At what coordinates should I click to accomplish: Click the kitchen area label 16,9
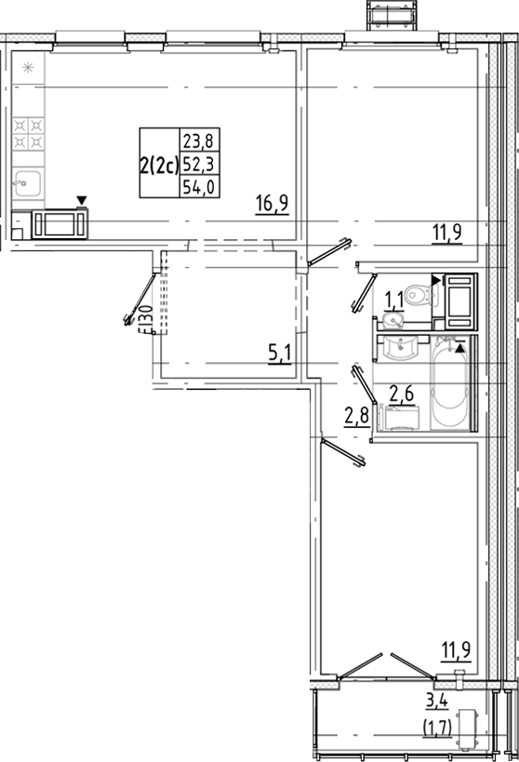click(273, 203)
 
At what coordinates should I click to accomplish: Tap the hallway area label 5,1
click(279, 354)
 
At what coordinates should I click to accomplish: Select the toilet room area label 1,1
click(394, 301)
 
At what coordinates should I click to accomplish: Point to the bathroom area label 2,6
click(402, 394)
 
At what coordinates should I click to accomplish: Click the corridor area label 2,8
click(356, 417)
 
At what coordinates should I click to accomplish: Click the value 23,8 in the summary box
click(200, 141)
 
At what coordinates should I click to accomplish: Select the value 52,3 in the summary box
click(200, 165)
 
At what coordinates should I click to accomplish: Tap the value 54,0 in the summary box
click(200, 187)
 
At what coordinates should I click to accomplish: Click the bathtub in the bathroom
click(450, 383)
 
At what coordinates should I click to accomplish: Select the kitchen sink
click(28, 183)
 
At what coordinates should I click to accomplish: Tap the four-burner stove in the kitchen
click(28, 134)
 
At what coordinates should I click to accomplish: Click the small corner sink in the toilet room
click(393, 321)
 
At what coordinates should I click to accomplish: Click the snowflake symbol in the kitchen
click(28, 68)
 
